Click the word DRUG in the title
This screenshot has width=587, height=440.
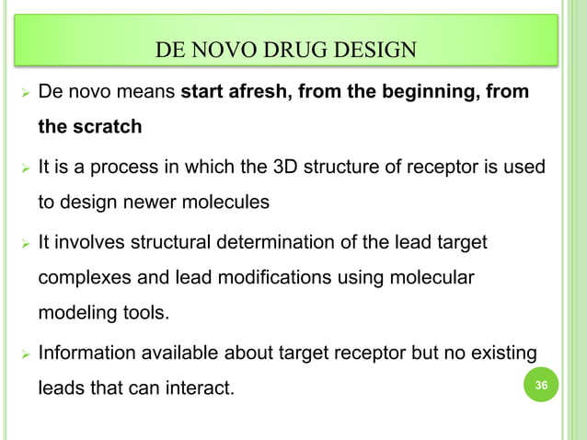[305, 48]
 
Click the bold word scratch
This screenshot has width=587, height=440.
[107, 127]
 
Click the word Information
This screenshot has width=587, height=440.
[87, 353]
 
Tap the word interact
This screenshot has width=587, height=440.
[199, 388]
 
